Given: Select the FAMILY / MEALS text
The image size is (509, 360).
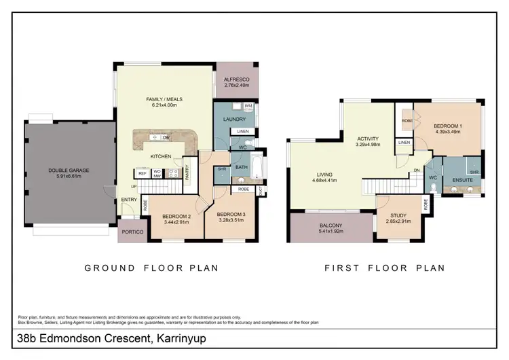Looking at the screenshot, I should [164, 99].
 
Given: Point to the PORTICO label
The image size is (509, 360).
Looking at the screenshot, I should [132, 232].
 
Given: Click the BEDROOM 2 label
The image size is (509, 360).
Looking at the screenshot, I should [176, 216].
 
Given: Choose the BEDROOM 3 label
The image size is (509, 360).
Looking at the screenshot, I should [232, 216].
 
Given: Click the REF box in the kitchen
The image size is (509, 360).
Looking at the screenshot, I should [143, 173].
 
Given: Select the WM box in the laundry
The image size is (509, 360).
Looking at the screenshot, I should [248, 106].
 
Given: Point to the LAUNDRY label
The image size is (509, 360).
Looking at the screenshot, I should [234, 119].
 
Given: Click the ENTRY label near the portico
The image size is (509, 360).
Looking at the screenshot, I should [129, 200].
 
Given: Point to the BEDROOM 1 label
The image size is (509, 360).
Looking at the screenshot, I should [447, 126].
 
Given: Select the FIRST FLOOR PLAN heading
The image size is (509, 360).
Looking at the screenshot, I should [384, 268].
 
